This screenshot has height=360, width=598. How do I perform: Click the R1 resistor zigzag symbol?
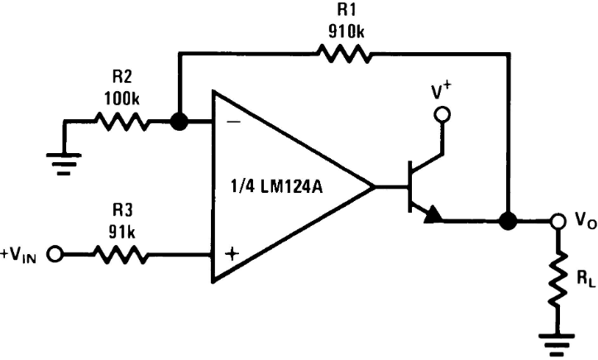click(x=345, y=54)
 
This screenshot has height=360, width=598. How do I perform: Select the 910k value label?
click(x=347, y=31)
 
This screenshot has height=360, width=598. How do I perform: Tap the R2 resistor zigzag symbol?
click(x=122, y=121)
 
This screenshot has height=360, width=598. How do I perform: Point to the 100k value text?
click(x=122, y=98)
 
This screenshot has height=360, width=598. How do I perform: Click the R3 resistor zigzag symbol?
click(x=121, y=254)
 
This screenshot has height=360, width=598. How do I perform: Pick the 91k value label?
click(x=122, y=232)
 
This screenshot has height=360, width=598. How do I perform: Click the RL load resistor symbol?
click(x=557, y=279)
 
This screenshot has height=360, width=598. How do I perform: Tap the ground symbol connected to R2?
click(x=64, y=164)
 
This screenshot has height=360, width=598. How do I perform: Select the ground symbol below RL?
click(x=557, y=345)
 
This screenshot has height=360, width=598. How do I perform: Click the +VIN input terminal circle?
click(x=55, y=254)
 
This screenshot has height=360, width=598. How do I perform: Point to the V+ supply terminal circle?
click(x=443, y=114)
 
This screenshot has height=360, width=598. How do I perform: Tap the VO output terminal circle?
click(x=557, y=221)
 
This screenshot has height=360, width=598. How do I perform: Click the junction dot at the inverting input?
click(x=179, y=122)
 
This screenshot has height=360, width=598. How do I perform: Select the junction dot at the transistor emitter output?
click(x=508, y=221)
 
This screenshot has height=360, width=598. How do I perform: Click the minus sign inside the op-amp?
click(x=233, y=122)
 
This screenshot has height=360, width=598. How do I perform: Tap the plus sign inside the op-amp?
click(x=232, y=254)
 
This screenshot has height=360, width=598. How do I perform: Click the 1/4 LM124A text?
click(x=277, y=187)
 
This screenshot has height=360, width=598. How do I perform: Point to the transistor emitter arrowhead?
click(x=433, y=214)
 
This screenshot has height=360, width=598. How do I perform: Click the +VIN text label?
click(x=18, y=255)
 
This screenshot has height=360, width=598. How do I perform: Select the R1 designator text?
click(x=347, y=10)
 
